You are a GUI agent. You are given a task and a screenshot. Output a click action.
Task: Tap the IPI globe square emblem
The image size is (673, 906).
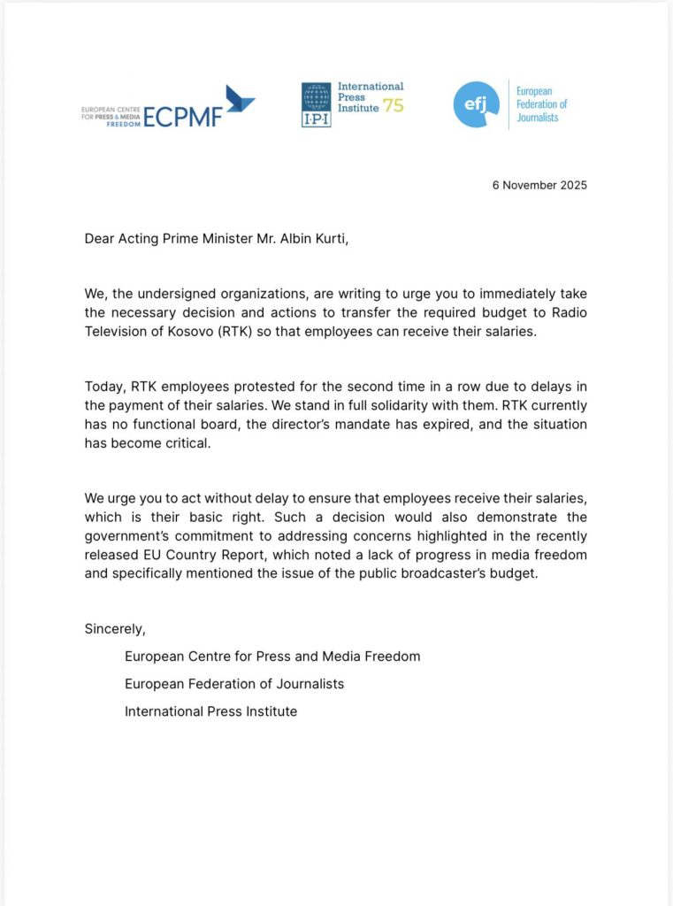pyautogui.click(x=316, y=105)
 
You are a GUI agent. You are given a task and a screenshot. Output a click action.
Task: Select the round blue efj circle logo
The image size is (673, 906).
pyautogui.click(x=476, y=104)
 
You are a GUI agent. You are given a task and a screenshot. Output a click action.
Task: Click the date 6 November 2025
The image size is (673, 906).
pyautogui.click(x=540, y=185)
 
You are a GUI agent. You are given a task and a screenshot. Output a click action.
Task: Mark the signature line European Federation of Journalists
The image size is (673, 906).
pyautogui.click(x=234, y=684)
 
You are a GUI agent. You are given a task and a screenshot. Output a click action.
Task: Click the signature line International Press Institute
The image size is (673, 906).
pyautogui.click(x=210, y=711)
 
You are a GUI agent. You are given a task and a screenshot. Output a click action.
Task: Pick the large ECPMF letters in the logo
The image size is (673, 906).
pyautogui.click(x=182, y=116)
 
